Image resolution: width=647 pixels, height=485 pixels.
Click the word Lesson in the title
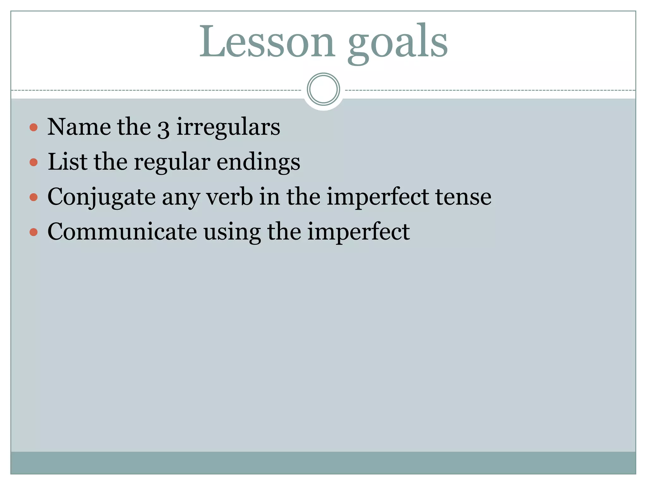(266, 42)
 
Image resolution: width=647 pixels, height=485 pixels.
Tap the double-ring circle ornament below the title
(323, 89)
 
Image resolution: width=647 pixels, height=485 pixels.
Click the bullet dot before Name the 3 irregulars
(33, 128)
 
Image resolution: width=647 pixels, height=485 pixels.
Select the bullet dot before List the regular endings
(33, 162)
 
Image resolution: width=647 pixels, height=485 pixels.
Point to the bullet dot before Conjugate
(33, 197)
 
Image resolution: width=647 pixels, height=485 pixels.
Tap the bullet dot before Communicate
(33, 232)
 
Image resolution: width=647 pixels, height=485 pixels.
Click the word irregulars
(228, 127)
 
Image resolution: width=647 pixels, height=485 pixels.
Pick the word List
(67, 162)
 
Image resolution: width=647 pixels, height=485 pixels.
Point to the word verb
(230, 197)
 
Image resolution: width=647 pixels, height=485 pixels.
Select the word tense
(463, 197)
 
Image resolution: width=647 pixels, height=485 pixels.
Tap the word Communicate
(122, 232)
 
